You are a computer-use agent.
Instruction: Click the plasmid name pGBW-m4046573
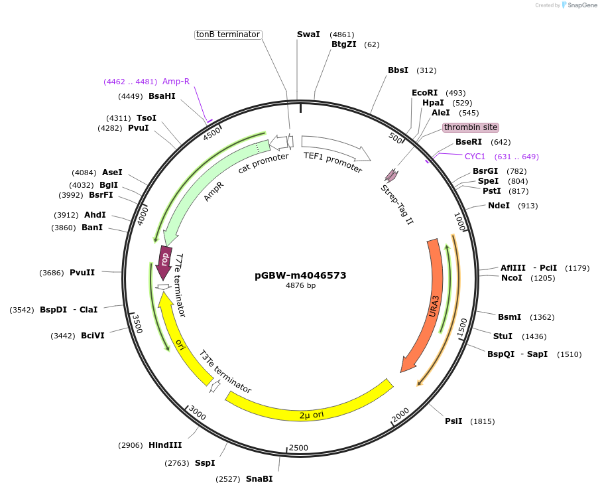300,275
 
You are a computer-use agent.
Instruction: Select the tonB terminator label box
228,35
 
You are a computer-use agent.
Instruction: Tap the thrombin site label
471,127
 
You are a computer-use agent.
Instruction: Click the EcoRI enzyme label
425,93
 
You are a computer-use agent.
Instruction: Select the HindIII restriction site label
165,445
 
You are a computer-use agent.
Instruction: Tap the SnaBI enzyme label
259,478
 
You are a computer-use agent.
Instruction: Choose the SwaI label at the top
308,34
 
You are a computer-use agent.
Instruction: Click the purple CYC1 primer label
475,157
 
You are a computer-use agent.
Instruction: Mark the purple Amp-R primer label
176,82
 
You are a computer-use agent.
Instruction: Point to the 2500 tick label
298,448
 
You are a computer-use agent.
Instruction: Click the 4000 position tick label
142,215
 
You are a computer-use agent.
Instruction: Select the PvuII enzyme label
82,273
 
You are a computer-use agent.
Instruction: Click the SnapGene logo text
580,5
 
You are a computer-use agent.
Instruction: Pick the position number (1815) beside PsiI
482,421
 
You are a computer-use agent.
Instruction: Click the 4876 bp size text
300,286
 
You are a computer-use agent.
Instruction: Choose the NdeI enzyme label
499,206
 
